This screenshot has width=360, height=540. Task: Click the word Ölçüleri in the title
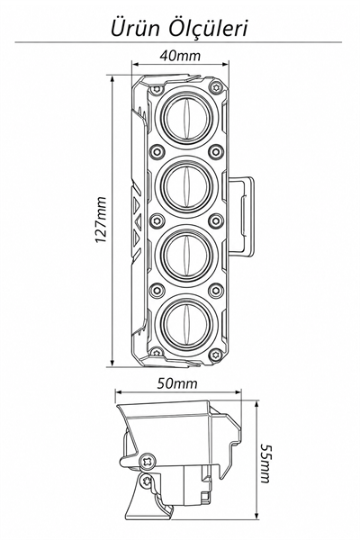[208, 28]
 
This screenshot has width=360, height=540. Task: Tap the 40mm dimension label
[180, 56]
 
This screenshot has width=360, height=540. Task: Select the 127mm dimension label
[102, 220]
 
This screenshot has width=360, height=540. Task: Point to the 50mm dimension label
[178, 383]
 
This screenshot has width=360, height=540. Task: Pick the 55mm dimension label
[265, 463]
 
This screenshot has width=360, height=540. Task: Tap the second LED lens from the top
[186, 185]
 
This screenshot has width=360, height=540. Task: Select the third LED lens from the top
[186, 253]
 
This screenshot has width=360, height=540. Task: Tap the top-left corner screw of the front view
[157, 89]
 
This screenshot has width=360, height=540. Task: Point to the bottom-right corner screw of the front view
[216, 353]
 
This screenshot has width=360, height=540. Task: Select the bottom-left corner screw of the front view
[157, 351]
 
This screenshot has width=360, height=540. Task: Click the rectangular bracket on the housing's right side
[241, 217]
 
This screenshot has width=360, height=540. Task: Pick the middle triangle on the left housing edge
[139, 220]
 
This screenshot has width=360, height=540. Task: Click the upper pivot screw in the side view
[148, 461]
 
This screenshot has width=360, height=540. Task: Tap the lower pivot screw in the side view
[148, 480]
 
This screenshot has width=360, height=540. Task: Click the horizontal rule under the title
[178, 42]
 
